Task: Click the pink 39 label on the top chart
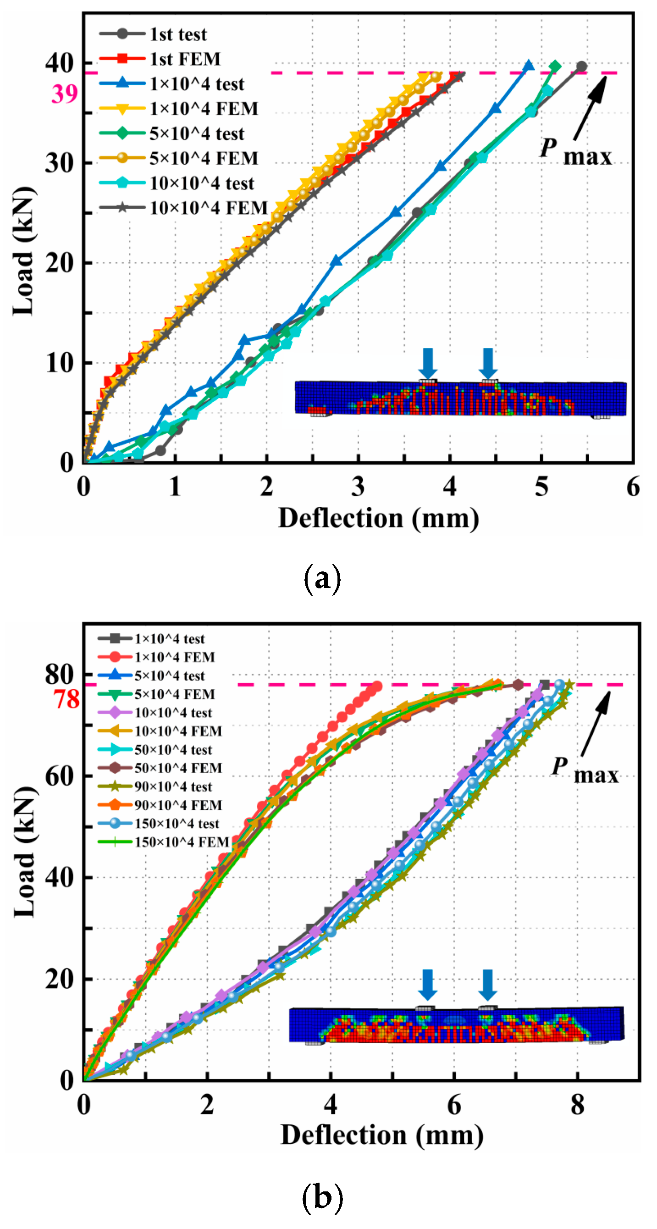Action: (64, 94)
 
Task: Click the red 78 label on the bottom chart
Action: (66, 700)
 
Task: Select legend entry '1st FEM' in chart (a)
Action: (185, 59)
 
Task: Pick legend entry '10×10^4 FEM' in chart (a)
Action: (209, 208)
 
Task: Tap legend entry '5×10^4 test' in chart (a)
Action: (197, 133)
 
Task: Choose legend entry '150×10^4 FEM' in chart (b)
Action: (181, 842)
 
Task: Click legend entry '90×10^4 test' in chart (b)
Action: (173, 787)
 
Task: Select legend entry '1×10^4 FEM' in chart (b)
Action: (174, 658)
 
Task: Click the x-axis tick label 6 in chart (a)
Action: (633, 487)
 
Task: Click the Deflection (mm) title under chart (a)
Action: (378, 518)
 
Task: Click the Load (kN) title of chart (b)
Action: (24, 852)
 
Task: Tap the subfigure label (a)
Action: (322, 578)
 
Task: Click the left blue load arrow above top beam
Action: (427, 363)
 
